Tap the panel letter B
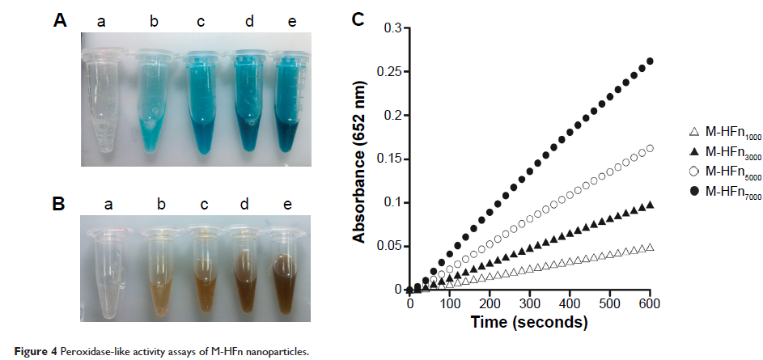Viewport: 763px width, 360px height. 60,203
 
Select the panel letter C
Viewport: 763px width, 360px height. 360,18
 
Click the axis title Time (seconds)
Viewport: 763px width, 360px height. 529,322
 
